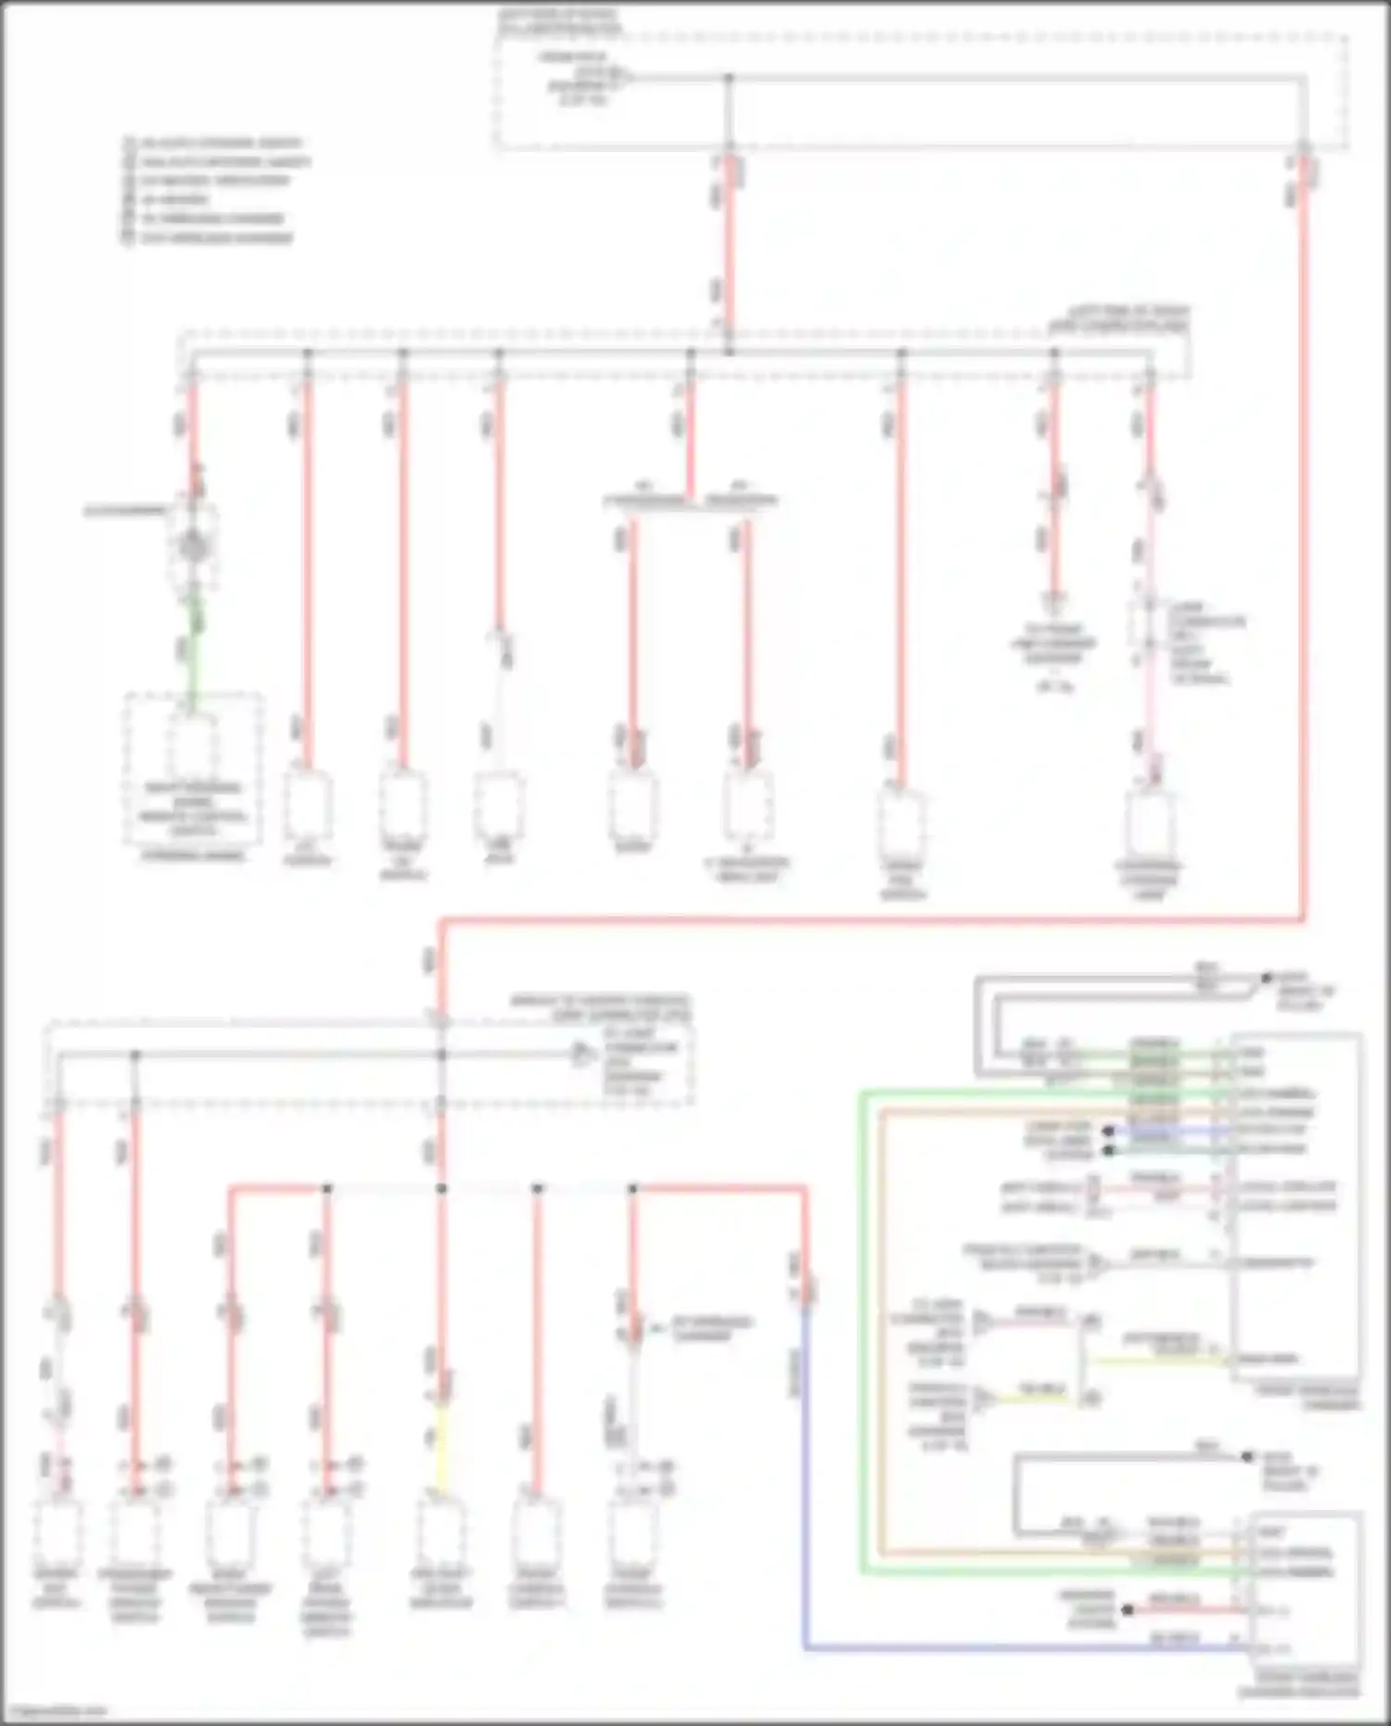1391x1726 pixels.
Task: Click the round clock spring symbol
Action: pos(193,545)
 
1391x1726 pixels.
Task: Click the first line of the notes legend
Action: pos(218,144)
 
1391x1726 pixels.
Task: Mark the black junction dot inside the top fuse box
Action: pos(729,79)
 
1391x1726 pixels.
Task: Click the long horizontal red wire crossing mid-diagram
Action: pos(872,920)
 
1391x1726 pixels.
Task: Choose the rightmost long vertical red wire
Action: pos(1303,556)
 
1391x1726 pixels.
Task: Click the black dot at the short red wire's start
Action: pos(1128,1611)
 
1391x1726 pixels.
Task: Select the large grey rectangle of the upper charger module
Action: pos(1296,1206)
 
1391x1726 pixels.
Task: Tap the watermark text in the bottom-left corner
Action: pos(56,1711)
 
